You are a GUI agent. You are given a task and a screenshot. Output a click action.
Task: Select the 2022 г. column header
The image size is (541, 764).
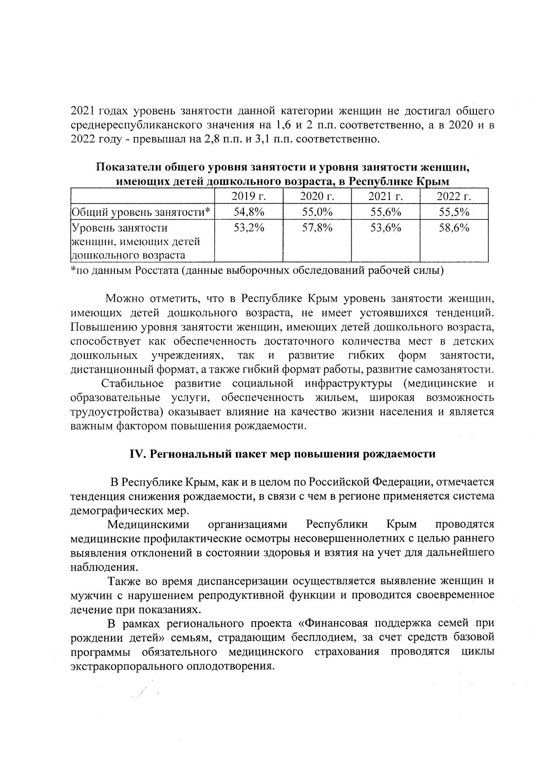454,196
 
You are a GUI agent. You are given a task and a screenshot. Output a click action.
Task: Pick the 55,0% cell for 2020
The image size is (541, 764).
317,212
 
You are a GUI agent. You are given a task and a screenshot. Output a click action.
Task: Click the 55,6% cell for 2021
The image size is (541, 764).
385,212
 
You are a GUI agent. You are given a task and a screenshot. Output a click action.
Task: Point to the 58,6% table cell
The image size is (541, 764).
454,228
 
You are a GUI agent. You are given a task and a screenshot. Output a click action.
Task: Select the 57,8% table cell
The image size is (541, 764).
317,228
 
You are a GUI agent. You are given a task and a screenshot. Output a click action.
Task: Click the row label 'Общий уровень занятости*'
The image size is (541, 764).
142,212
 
